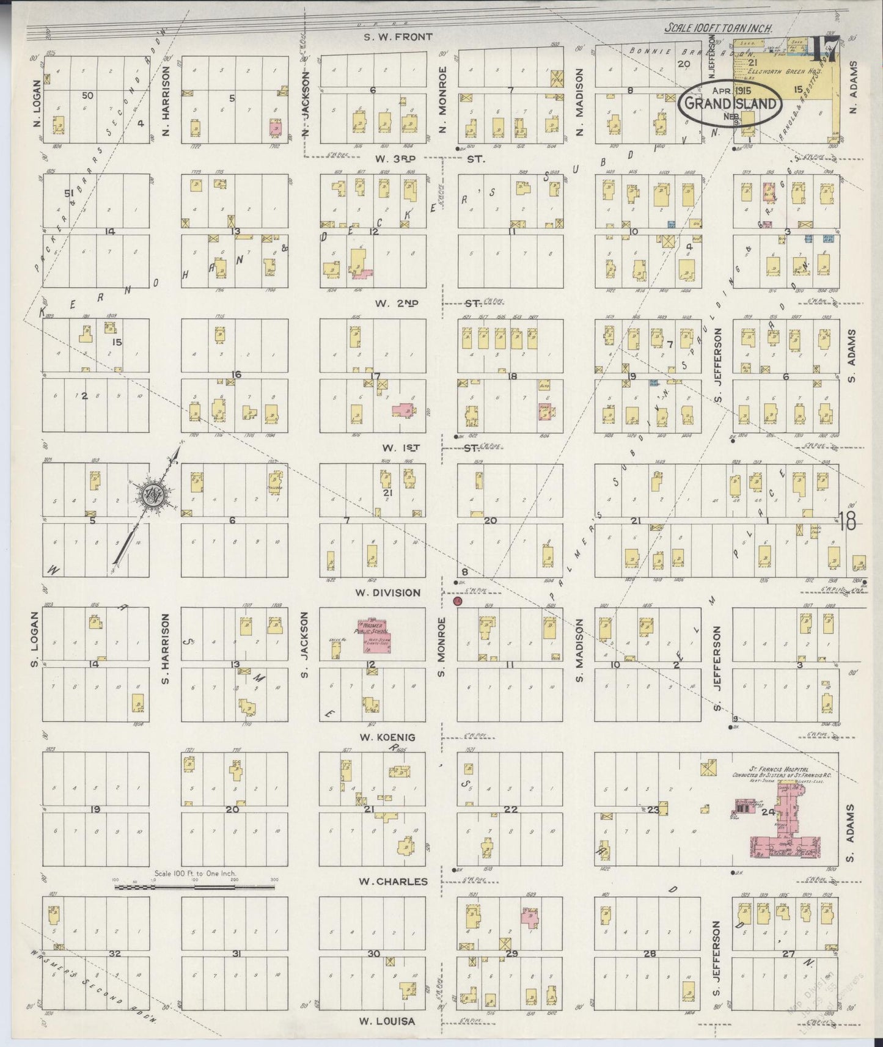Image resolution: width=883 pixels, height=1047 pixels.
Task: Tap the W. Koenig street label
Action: tap(387, 737)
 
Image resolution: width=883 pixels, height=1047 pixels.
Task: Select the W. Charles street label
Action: tap(393, 881)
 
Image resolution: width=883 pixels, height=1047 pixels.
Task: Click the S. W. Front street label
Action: tap(398, 37)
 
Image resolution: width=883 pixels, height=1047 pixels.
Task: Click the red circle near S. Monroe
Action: tap(458, 602)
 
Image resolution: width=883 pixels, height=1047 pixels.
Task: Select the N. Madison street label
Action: tap(580, 101)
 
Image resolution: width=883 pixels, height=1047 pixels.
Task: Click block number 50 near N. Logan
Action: tap(87, 95)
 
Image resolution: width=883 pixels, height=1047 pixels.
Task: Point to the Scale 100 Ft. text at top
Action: tap(718, 28)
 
